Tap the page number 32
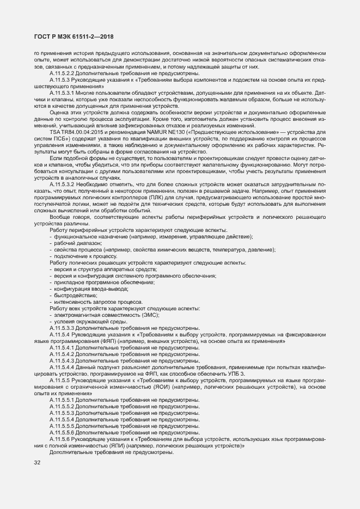click(38, 463)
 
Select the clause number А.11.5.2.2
click(62, 73)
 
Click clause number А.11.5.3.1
click(62, 93)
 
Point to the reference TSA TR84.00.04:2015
click(73, 132)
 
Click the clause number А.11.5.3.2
click(62, 184)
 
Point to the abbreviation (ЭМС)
click(144, 315)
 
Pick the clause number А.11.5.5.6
click(62, 432)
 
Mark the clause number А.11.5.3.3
click(62, 328)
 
